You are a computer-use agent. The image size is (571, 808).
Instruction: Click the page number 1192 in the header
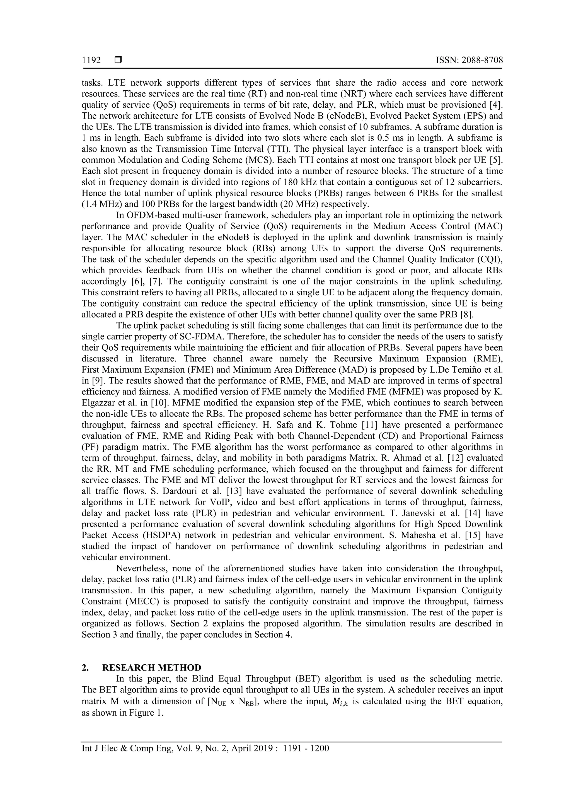tap(91, 61)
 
